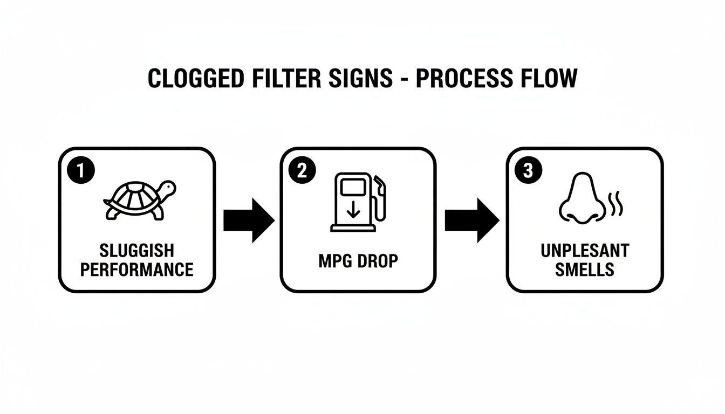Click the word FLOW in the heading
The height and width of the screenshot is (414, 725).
[x=549, y=79]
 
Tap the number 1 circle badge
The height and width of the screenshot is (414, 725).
[x=80, y=171]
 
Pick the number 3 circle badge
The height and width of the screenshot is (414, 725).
[x=528, y=171]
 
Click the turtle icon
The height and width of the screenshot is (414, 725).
[x=140, y=200]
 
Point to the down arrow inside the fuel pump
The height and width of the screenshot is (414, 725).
[x=353, y=209]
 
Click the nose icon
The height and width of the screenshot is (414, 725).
[x=578, y=199]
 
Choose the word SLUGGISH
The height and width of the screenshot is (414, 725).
[x=137, y=251]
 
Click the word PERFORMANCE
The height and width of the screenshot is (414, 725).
[x=137, y=269]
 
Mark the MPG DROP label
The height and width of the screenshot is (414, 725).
[x=358, y=261]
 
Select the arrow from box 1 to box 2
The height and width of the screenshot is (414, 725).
[x=249, y=220]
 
